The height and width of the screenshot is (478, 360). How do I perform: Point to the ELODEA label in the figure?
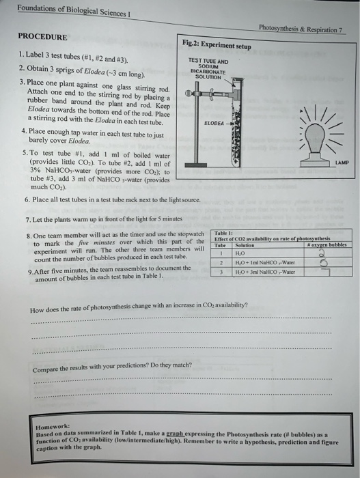coord(214,123)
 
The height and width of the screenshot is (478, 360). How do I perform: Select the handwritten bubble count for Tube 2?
coord(320,262)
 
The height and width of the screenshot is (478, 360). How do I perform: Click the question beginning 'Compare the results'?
coord(113,369)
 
